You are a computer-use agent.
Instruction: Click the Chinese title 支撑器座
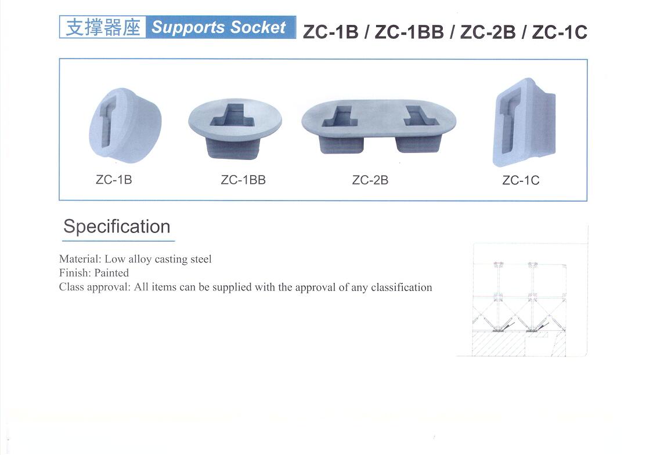point(103,27)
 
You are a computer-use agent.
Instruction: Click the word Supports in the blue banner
point(188,28)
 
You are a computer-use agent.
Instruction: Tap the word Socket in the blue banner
point(258,27)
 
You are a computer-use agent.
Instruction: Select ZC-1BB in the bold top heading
point(409,32)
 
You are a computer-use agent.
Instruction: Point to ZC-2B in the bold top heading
point(488,32)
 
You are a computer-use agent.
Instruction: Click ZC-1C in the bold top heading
point(560,32)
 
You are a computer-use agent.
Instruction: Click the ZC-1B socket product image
point(125,125)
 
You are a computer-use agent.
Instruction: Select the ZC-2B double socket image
point(378,126)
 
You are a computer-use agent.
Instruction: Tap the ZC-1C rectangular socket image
point(524,122)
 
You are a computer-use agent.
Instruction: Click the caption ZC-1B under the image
point(114,180)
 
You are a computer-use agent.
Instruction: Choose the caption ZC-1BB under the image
point(243,180)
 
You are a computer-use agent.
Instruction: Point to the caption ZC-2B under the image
point(370,180)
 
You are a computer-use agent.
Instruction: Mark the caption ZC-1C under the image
point(521,180)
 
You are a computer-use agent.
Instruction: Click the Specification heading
point(117,227)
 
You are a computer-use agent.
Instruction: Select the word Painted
point(111,273)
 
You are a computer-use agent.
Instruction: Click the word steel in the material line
point(201,259)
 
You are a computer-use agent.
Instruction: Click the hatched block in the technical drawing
point(499,344)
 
